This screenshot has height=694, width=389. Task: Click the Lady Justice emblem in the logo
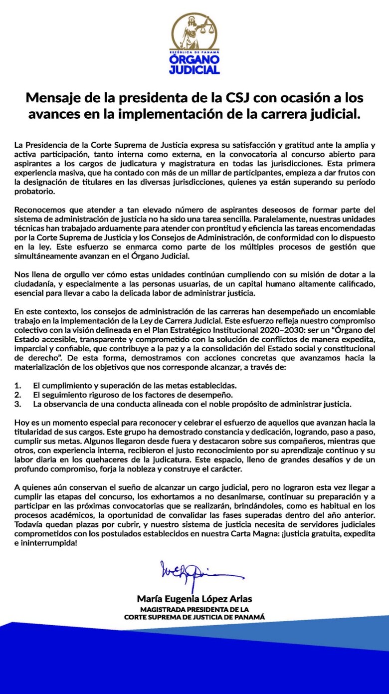pos(194,31)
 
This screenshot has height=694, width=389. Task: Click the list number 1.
pos(17,386)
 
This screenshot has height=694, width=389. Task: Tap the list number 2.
pos(17,395)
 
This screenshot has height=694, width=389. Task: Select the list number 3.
pos(17,404)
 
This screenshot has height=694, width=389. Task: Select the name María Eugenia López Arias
pos(194,599)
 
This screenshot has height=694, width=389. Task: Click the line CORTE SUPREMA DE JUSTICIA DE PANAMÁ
pos(194,617)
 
